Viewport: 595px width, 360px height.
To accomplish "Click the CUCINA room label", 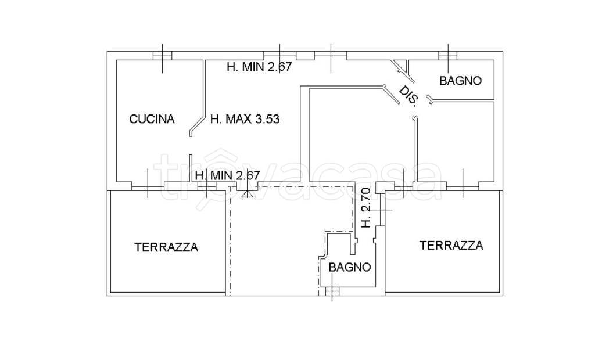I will point(152,119).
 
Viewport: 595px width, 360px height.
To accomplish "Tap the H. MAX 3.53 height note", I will point(245,120).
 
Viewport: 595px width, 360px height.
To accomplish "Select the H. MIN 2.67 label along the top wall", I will point(259,67).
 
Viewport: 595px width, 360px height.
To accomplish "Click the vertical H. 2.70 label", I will point(365,207).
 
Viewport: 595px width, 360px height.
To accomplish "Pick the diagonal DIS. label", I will point(408,96).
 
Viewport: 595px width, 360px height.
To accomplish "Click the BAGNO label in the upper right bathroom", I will point(460,81).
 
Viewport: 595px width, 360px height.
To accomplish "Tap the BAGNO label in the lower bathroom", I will point(350,267).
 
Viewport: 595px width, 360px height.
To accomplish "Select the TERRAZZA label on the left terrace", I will point(166,247).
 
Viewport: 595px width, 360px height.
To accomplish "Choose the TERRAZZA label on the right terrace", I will point(451,246).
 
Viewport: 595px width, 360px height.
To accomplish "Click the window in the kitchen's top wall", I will point(163,56).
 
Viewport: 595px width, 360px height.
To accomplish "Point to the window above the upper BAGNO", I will point(447,56).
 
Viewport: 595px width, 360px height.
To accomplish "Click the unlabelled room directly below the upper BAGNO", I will point(456,142).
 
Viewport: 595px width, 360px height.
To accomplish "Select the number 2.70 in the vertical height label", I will point(365,199).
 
